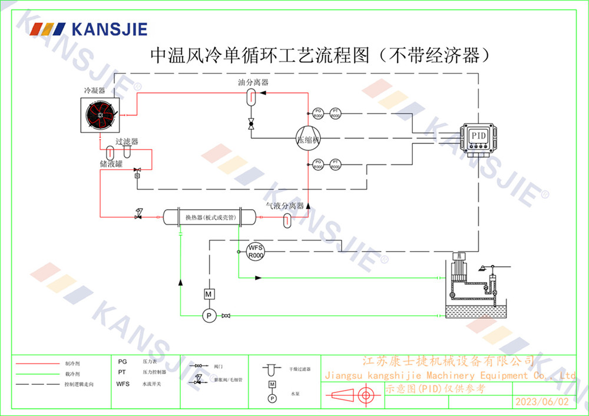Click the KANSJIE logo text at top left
(x=109, y=29)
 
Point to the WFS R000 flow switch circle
(x=255, y=250)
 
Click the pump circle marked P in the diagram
(x=207, y=316)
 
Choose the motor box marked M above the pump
(x=207, y=293)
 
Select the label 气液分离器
(x=284, y=206)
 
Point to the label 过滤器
(x=127, y=142)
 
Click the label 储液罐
(x=111, y=164)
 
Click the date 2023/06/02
(x=542, y=402)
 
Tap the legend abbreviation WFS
(x=123, y=384)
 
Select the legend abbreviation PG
(x=123, y=362)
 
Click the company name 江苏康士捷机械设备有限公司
(x=448, y=361)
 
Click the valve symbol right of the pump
(x=226, y=316)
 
